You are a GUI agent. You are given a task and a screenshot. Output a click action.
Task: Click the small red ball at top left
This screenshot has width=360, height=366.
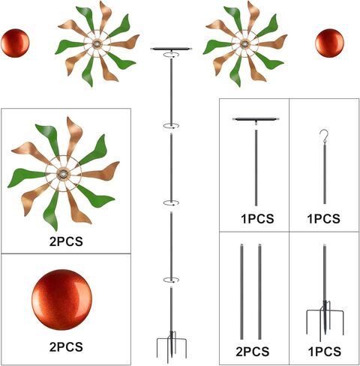(x=15, y=43)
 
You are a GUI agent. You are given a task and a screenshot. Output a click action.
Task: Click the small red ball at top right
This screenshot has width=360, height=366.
(x=329, y=43)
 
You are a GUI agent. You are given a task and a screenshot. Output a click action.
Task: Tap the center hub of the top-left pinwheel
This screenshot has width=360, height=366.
(x=97, y=44)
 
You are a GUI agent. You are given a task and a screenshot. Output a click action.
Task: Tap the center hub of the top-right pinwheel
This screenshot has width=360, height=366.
(x=244, y=44)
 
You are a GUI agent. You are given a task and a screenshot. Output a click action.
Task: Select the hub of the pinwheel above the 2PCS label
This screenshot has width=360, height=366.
(x=63, y=173)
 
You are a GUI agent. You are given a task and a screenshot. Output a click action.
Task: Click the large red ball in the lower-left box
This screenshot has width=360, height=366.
(x=62, y=299)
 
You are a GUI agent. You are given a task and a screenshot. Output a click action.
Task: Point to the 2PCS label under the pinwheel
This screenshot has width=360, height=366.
(x=66, y=241)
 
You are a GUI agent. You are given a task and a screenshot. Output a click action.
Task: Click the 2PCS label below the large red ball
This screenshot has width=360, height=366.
(x=66, y=347)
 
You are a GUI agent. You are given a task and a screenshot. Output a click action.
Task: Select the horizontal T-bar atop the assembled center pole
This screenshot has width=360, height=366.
(x=171, y=49)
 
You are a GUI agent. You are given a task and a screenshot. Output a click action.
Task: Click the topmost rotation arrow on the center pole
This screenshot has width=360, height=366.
(x=171, y=55)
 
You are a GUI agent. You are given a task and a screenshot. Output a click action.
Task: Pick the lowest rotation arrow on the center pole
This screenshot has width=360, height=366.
(x=171, y=280)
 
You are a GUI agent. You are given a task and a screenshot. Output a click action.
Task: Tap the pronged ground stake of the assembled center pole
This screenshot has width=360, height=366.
(x=171, y=347)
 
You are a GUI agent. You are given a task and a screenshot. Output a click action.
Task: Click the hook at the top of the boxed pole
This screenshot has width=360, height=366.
(x=325, y=136)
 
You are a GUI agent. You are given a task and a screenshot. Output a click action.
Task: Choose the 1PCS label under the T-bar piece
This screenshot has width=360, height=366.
(x=257, y=219)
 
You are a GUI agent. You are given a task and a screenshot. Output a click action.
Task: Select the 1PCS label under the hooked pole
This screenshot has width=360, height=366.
(x=324, y=219)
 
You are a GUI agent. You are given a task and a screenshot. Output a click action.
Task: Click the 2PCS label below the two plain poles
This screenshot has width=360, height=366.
(x=253, y=352)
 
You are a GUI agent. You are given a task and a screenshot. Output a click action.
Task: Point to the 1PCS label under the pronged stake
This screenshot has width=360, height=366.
(x=325, y=352)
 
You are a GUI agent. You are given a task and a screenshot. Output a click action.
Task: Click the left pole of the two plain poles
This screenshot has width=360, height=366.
(x=241, y=292)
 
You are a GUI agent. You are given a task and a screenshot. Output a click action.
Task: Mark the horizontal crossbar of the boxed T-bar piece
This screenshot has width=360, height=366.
(x=256, y=119)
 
